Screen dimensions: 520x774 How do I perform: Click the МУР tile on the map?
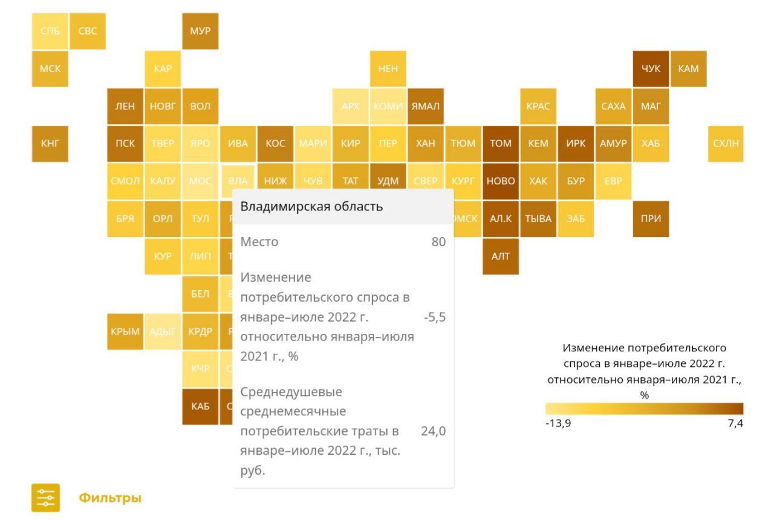click(200, 31)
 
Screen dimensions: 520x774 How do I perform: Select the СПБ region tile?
click(50, 31)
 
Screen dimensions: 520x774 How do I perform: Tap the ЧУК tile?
click(651, 69)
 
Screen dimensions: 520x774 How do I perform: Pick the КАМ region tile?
click(688, 69)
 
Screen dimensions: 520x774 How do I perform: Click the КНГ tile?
click(50, 143)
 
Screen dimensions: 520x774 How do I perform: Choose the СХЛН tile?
click(726, 143)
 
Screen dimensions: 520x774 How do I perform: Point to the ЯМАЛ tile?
click(426, 106)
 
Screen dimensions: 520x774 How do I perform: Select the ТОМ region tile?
click(501, 143)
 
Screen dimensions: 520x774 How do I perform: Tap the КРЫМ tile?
click(125, 331)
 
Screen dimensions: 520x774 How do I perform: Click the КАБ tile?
click(200, 406)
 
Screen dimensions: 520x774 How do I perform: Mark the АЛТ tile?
click(501, 256)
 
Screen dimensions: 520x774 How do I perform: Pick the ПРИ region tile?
click(651, 219)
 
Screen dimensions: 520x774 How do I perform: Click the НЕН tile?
click(388, 69)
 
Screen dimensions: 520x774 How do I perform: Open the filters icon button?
click(46, 498)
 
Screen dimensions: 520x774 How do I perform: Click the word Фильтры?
click(109, 499)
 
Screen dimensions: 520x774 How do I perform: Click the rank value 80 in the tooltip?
click(438, 242)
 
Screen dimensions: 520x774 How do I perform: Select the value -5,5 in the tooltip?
click(435, 317)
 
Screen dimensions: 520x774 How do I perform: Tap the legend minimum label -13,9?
click(558, 423)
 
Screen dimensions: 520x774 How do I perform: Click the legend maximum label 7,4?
click(735, 423)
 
